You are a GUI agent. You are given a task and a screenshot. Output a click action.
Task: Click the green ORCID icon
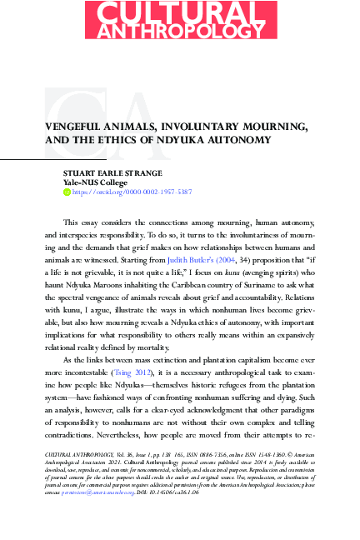click(67, 191)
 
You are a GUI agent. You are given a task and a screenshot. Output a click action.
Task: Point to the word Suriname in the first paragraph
click(249, 260)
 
